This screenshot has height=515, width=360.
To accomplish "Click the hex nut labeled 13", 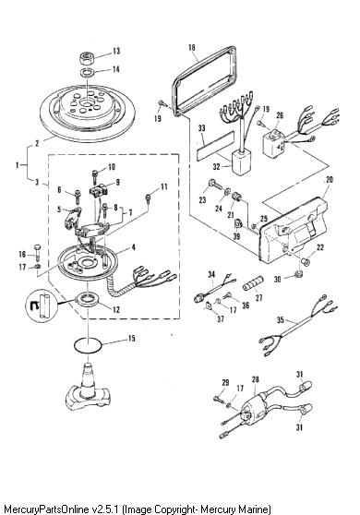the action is tap(87, 59).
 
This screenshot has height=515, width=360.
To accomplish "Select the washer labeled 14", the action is tap(88, 73).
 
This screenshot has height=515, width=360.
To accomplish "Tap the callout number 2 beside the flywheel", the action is tap(37, 144).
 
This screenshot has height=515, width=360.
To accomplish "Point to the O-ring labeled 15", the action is tap(88, 345).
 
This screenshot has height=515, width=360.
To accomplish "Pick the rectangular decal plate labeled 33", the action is tap(215, 144).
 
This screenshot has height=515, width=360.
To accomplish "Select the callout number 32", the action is tap(216, 167).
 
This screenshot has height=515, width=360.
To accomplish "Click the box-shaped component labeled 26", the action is tap(273, 144).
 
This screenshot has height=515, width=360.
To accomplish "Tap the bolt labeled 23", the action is tap(215, 185).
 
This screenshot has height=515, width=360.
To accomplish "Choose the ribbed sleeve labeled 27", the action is tap(253, 283).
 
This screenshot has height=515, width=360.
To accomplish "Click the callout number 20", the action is tap(330, 180).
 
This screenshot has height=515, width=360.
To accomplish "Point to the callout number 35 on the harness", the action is tap(281, 319).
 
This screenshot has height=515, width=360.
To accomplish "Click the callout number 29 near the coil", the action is tap(225, 383).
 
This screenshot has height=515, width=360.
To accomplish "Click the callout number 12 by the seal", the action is tap(116, 309).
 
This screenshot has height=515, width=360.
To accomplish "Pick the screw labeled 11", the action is tap(149, 198).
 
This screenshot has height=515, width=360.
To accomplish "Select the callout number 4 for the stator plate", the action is tap(133, 247).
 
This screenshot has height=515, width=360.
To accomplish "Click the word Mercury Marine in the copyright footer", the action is tap(235, 509).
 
